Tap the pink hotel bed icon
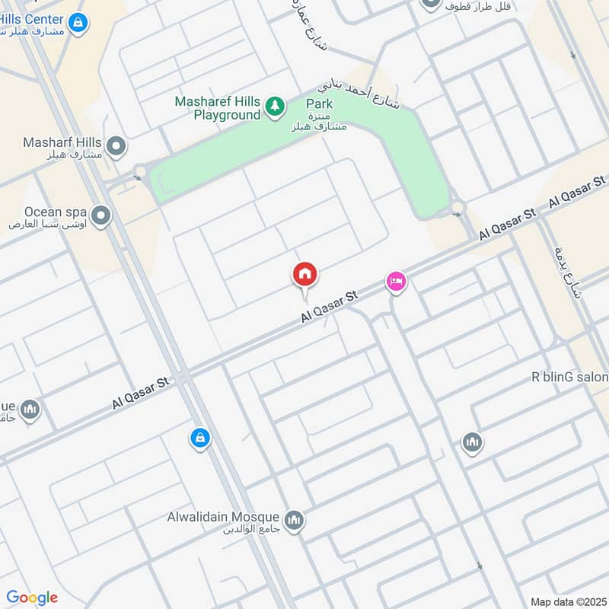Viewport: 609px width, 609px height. pyautogui.click(x=396, y=282)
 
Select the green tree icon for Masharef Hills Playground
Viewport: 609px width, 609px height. pyautogui.click(x=274, y=108)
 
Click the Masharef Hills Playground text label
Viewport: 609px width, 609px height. pyautogui.click(x=217, y=108)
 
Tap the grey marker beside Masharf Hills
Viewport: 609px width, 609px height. pyautogui.click(x=116, y=146)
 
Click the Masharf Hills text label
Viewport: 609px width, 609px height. pyautogui.click(x=62, y=142)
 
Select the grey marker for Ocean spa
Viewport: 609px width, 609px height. pyautogui.click(x=100, y=216)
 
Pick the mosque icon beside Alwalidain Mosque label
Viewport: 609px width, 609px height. pyautogui.click(x=294, y=521)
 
